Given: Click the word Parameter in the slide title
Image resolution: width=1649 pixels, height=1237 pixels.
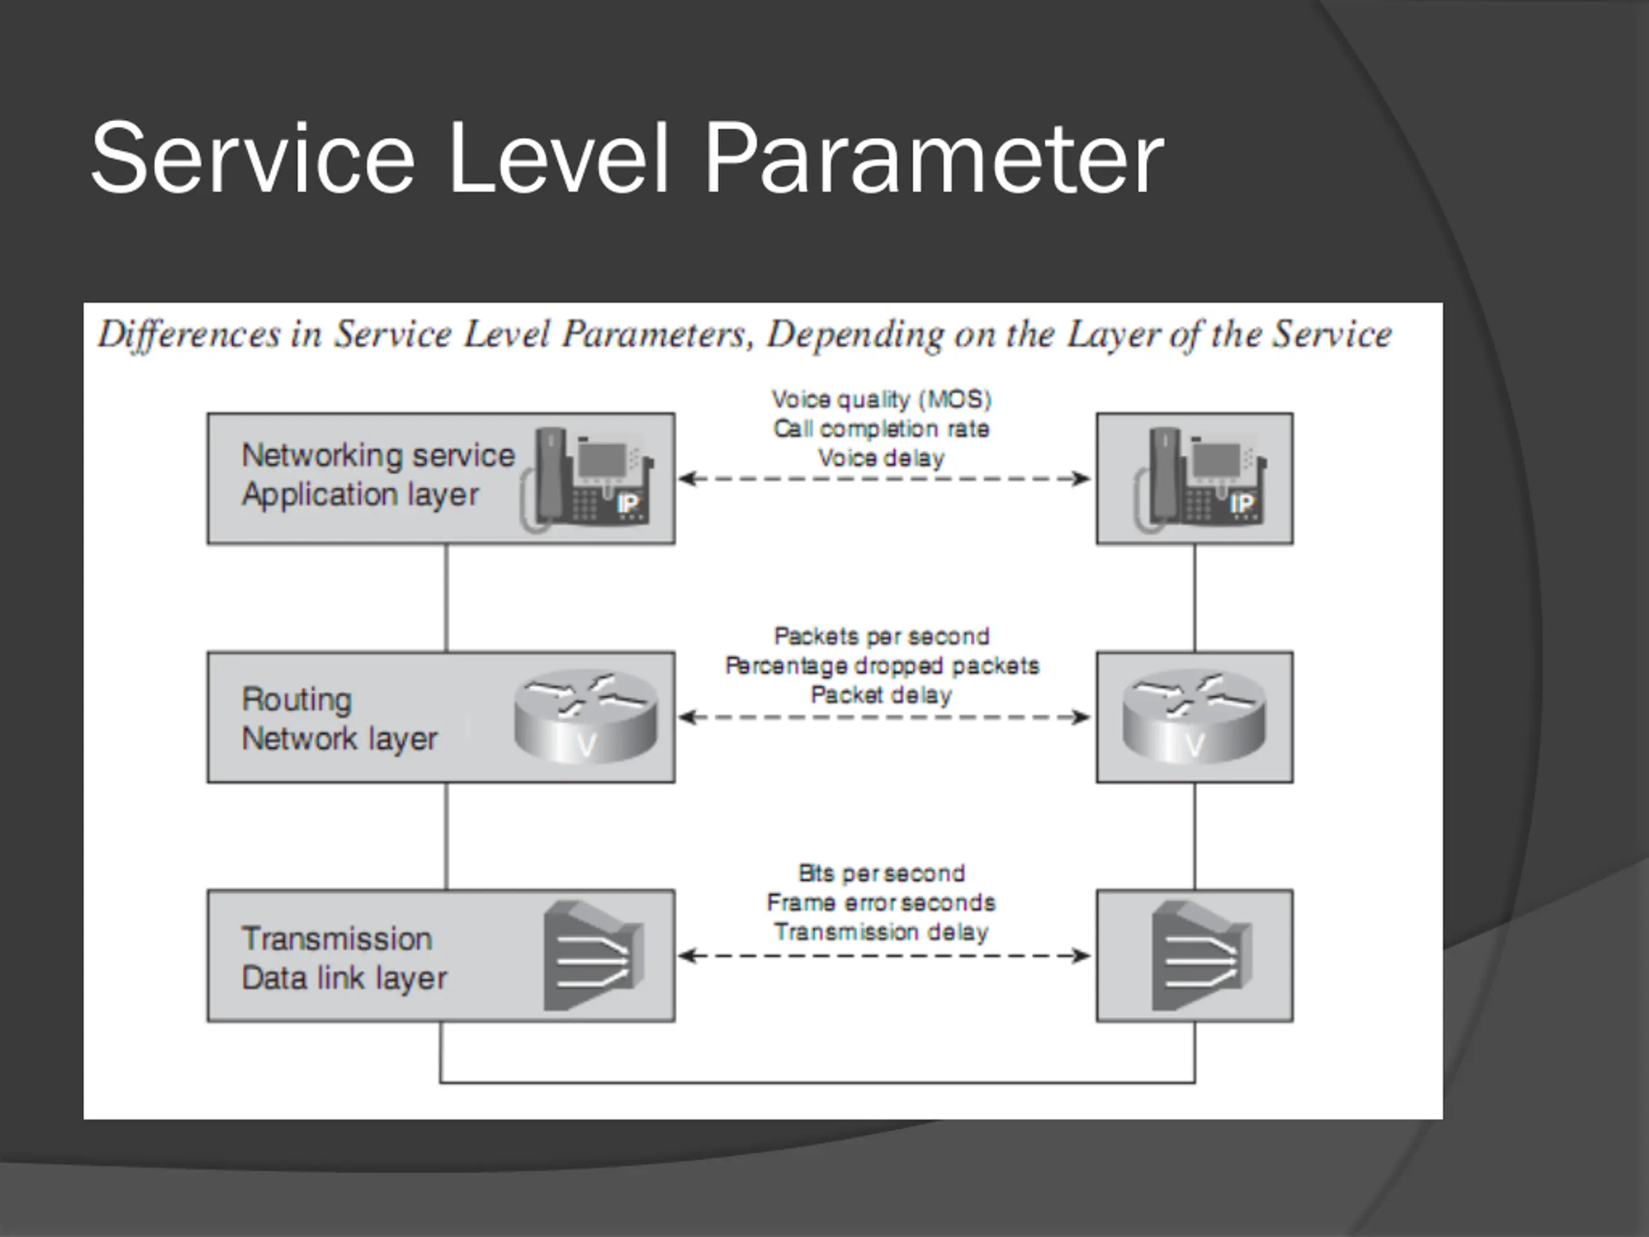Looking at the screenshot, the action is click(x=933, y=160).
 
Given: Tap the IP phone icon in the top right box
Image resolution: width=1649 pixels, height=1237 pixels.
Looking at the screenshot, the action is click(x=1200, y=479).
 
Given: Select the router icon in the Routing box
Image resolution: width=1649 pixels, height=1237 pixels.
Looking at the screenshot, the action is click(x=586, y=716).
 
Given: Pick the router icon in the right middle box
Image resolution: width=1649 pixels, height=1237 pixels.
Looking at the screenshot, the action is click(x=1194, y=716).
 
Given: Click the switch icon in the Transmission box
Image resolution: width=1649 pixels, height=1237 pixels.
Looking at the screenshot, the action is click(x=593, y=956).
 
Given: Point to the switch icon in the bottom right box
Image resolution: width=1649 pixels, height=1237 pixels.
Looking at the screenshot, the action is click(x=1202, y=956).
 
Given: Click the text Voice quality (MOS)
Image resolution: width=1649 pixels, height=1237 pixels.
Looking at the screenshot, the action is click(x=882, y=400).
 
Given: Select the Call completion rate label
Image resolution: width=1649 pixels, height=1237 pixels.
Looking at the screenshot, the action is click(x=881, y=428).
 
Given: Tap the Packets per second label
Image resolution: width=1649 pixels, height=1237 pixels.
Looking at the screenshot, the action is click(x=882, y=636).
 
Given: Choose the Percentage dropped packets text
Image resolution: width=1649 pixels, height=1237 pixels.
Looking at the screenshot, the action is click(x=882, y=665).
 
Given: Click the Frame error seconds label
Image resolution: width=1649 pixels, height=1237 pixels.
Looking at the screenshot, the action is click(x=881, y=902).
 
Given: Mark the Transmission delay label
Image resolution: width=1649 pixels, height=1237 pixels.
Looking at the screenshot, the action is click(x=881, y=931).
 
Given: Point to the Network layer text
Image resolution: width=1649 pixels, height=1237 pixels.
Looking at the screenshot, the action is click(x=339, y=740).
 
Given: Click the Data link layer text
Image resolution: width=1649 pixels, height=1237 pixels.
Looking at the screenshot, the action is click(x=345, y=978).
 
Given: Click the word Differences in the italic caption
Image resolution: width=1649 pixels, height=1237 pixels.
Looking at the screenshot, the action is click(x=189, y=334).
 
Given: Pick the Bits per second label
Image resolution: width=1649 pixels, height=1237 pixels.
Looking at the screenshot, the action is click(x=882, y=873).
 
